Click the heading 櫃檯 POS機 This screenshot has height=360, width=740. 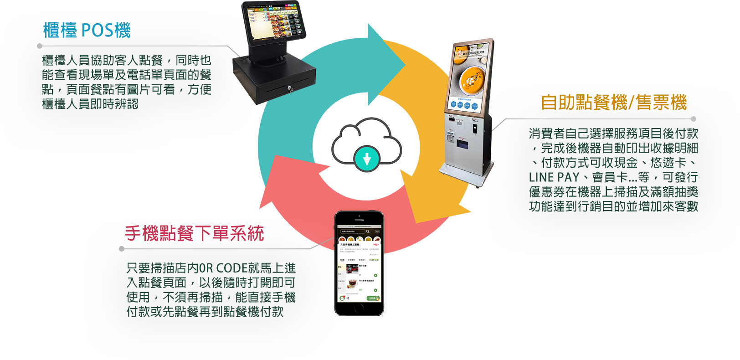[87, 31]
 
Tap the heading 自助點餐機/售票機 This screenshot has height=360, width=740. [613, 103]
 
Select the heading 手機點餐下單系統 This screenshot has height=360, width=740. [195, 233]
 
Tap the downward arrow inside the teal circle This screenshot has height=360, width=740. [367, 159]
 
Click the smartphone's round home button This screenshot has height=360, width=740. [360, 309]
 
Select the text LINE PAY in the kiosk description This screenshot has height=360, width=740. [554, 177]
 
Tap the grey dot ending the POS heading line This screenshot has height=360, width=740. [40, 46]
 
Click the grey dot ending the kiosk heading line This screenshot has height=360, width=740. [694, 119]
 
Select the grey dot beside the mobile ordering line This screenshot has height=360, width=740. [122, 249]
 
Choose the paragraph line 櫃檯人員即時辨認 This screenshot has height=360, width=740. [90, 104]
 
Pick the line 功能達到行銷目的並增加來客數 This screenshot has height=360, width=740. [613, 206]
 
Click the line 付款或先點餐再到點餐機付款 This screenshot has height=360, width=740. [205, 312]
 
